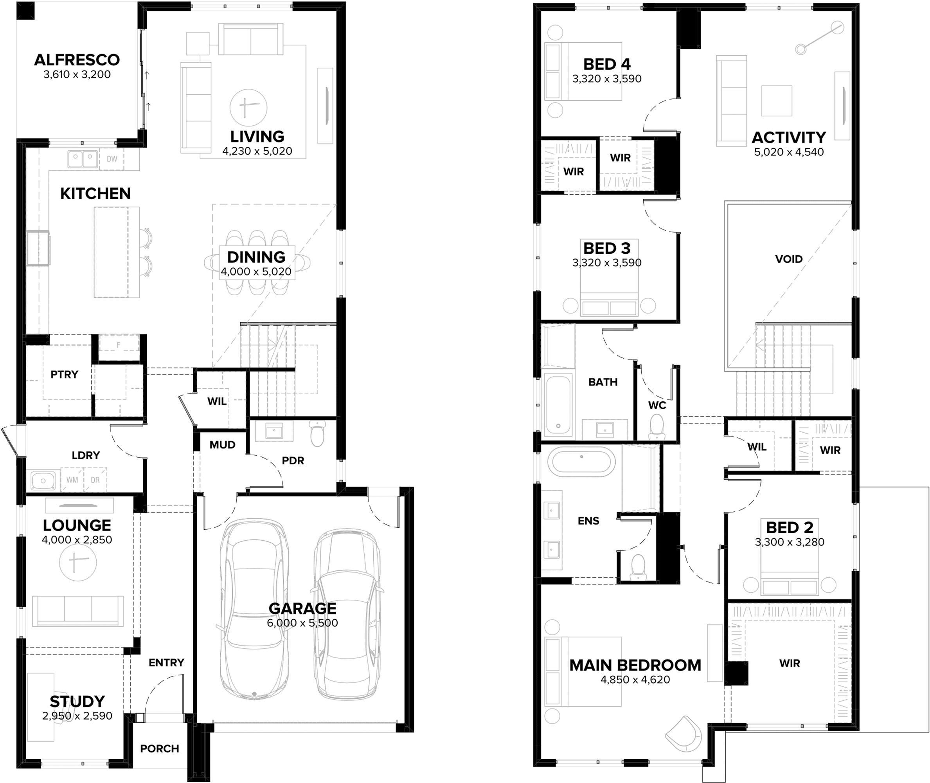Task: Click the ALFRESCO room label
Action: point(77,60)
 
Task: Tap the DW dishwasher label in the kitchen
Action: point(112,159)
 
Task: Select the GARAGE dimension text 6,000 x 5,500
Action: point(302,623)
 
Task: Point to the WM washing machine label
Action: point(72,480)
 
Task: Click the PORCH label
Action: point(160,749)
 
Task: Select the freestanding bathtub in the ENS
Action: point(581,462)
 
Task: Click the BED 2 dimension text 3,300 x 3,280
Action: point(790,542)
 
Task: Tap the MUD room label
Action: point(222,445)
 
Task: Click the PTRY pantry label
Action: point(64,374)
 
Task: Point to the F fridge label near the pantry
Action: point(119,345)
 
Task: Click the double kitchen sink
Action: point(83,159)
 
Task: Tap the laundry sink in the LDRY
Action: point(43,480)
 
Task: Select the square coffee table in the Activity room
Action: point(777,101)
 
